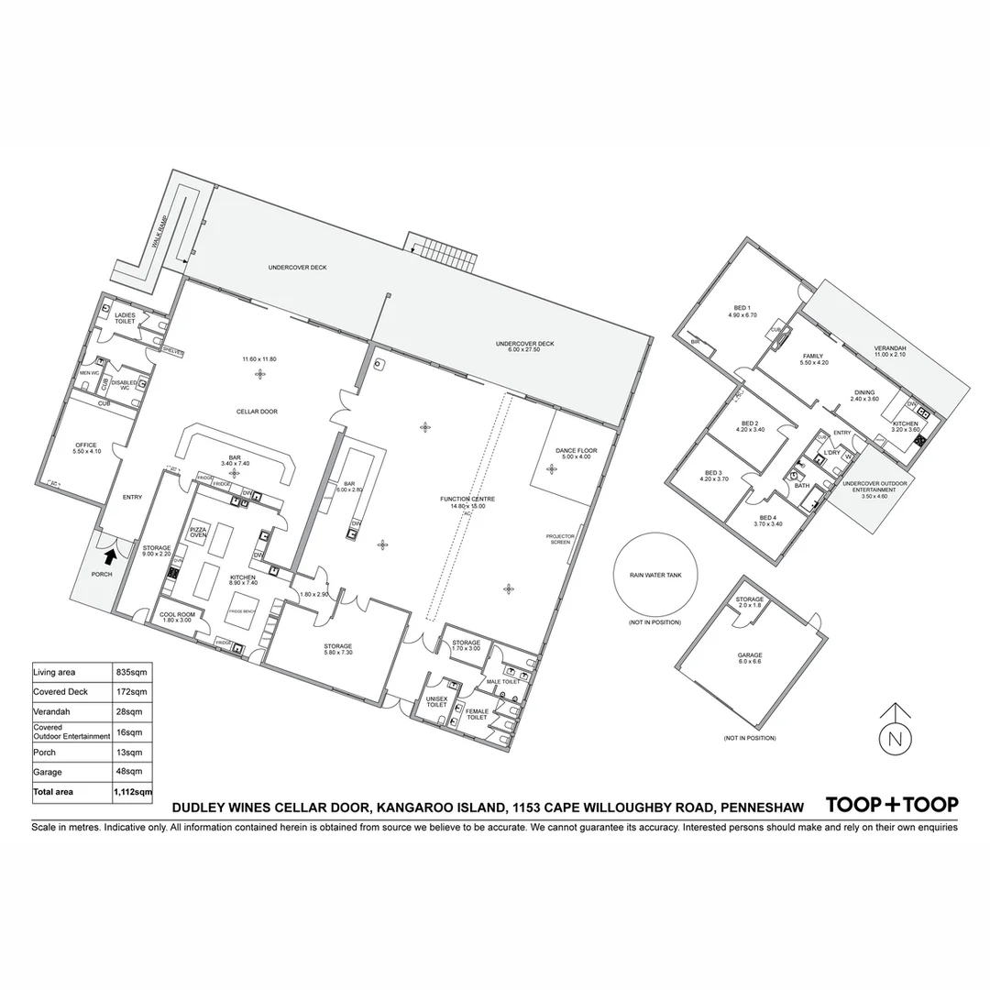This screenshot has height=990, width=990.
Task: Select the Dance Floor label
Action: [577, 453]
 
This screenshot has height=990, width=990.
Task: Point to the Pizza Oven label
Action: [199, 533]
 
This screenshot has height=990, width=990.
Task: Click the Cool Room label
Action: [177, 617]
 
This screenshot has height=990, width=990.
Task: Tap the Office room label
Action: [84, 448]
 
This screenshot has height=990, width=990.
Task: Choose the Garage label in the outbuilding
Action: [750, 656]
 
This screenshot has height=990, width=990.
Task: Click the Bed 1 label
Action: [742, 310]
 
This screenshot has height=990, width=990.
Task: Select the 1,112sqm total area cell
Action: [133, 791]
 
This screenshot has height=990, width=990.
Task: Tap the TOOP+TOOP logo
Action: [892, 805]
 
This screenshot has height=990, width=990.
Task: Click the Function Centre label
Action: [467, 501]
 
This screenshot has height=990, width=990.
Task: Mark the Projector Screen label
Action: [559, 539]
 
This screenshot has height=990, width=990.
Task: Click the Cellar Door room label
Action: [256, 412]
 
